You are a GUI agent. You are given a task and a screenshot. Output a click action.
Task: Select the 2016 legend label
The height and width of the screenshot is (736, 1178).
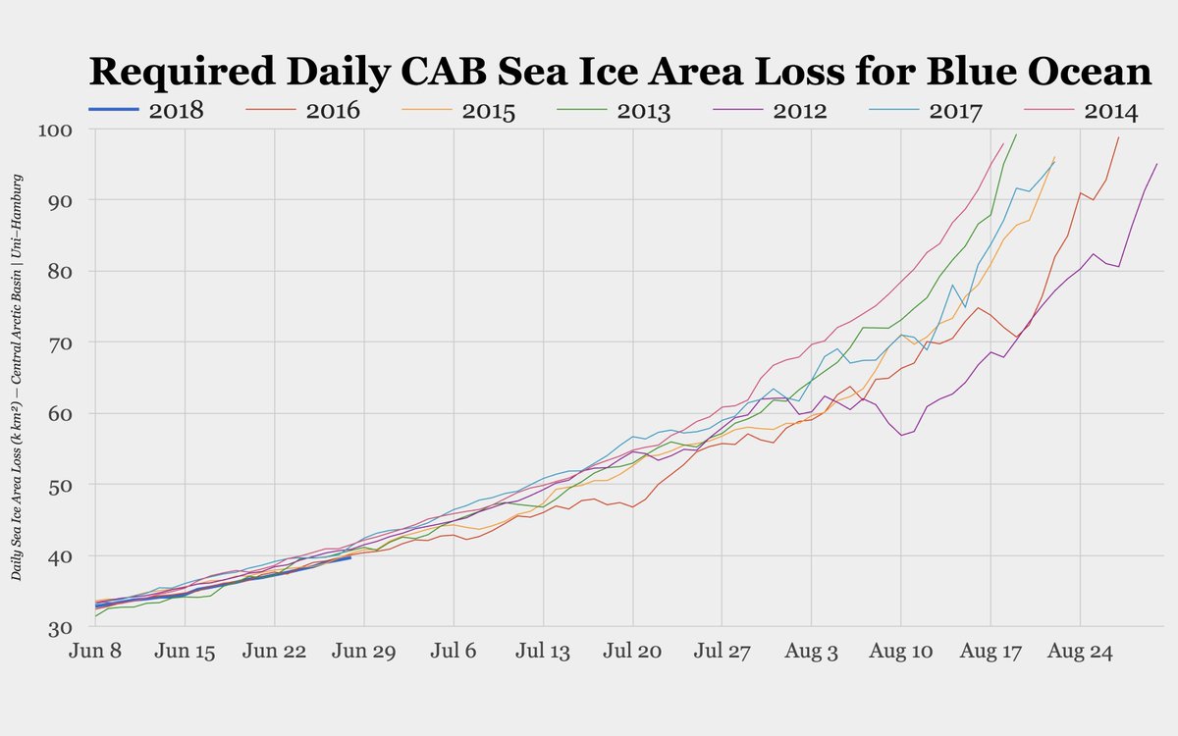pos(333,110)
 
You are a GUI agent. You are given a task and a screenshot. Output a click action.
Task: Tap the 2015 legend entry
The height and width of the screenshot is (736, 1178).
pos(489,110)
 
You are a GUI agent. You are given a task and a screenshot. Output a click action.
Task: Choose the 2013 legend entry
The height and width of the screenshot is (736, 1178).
pos(644,110)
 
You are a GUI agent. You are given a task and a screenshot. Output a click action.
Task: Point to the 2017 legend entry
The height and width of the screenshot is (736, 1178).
pos(955,110)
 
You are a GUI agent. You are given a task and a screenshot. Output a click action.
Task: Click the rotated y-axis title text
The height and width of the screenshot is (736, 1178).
pos(18,378)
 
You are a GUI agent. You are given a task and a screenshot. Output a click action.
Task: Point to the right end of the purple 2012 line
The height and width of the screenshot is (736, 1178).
pos(1157,163)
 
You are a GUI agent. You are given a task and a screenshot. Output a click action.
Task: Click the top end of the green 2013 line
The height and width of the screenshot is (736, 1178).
pos(1016,134)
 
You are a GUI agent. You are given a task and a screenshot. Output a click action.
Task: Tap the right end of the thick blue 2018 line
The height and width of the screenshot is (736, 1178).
pos(350,557)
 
